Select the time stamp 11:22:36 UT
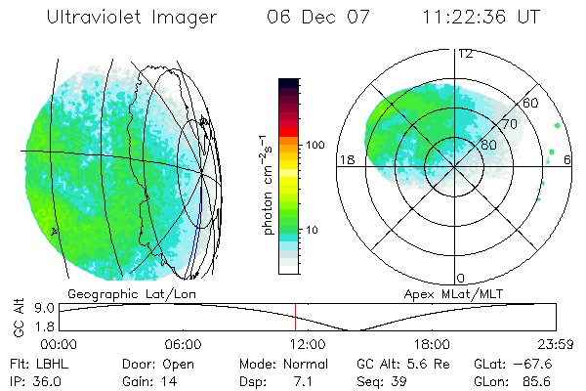pyautogui.click(x=481, y=19)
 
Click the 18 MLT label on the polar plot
pyautogui.click(x=345, y=159)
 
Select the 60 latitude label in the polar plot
pyautogui.click(x=532, y=102)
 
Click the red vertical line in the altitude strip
pyautogui.click(x=295, y=317)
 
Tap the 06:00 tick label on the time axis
pyautogui.click(x=183, y=344)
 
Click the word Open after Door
pyautogui.click(x=179, y=362)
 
